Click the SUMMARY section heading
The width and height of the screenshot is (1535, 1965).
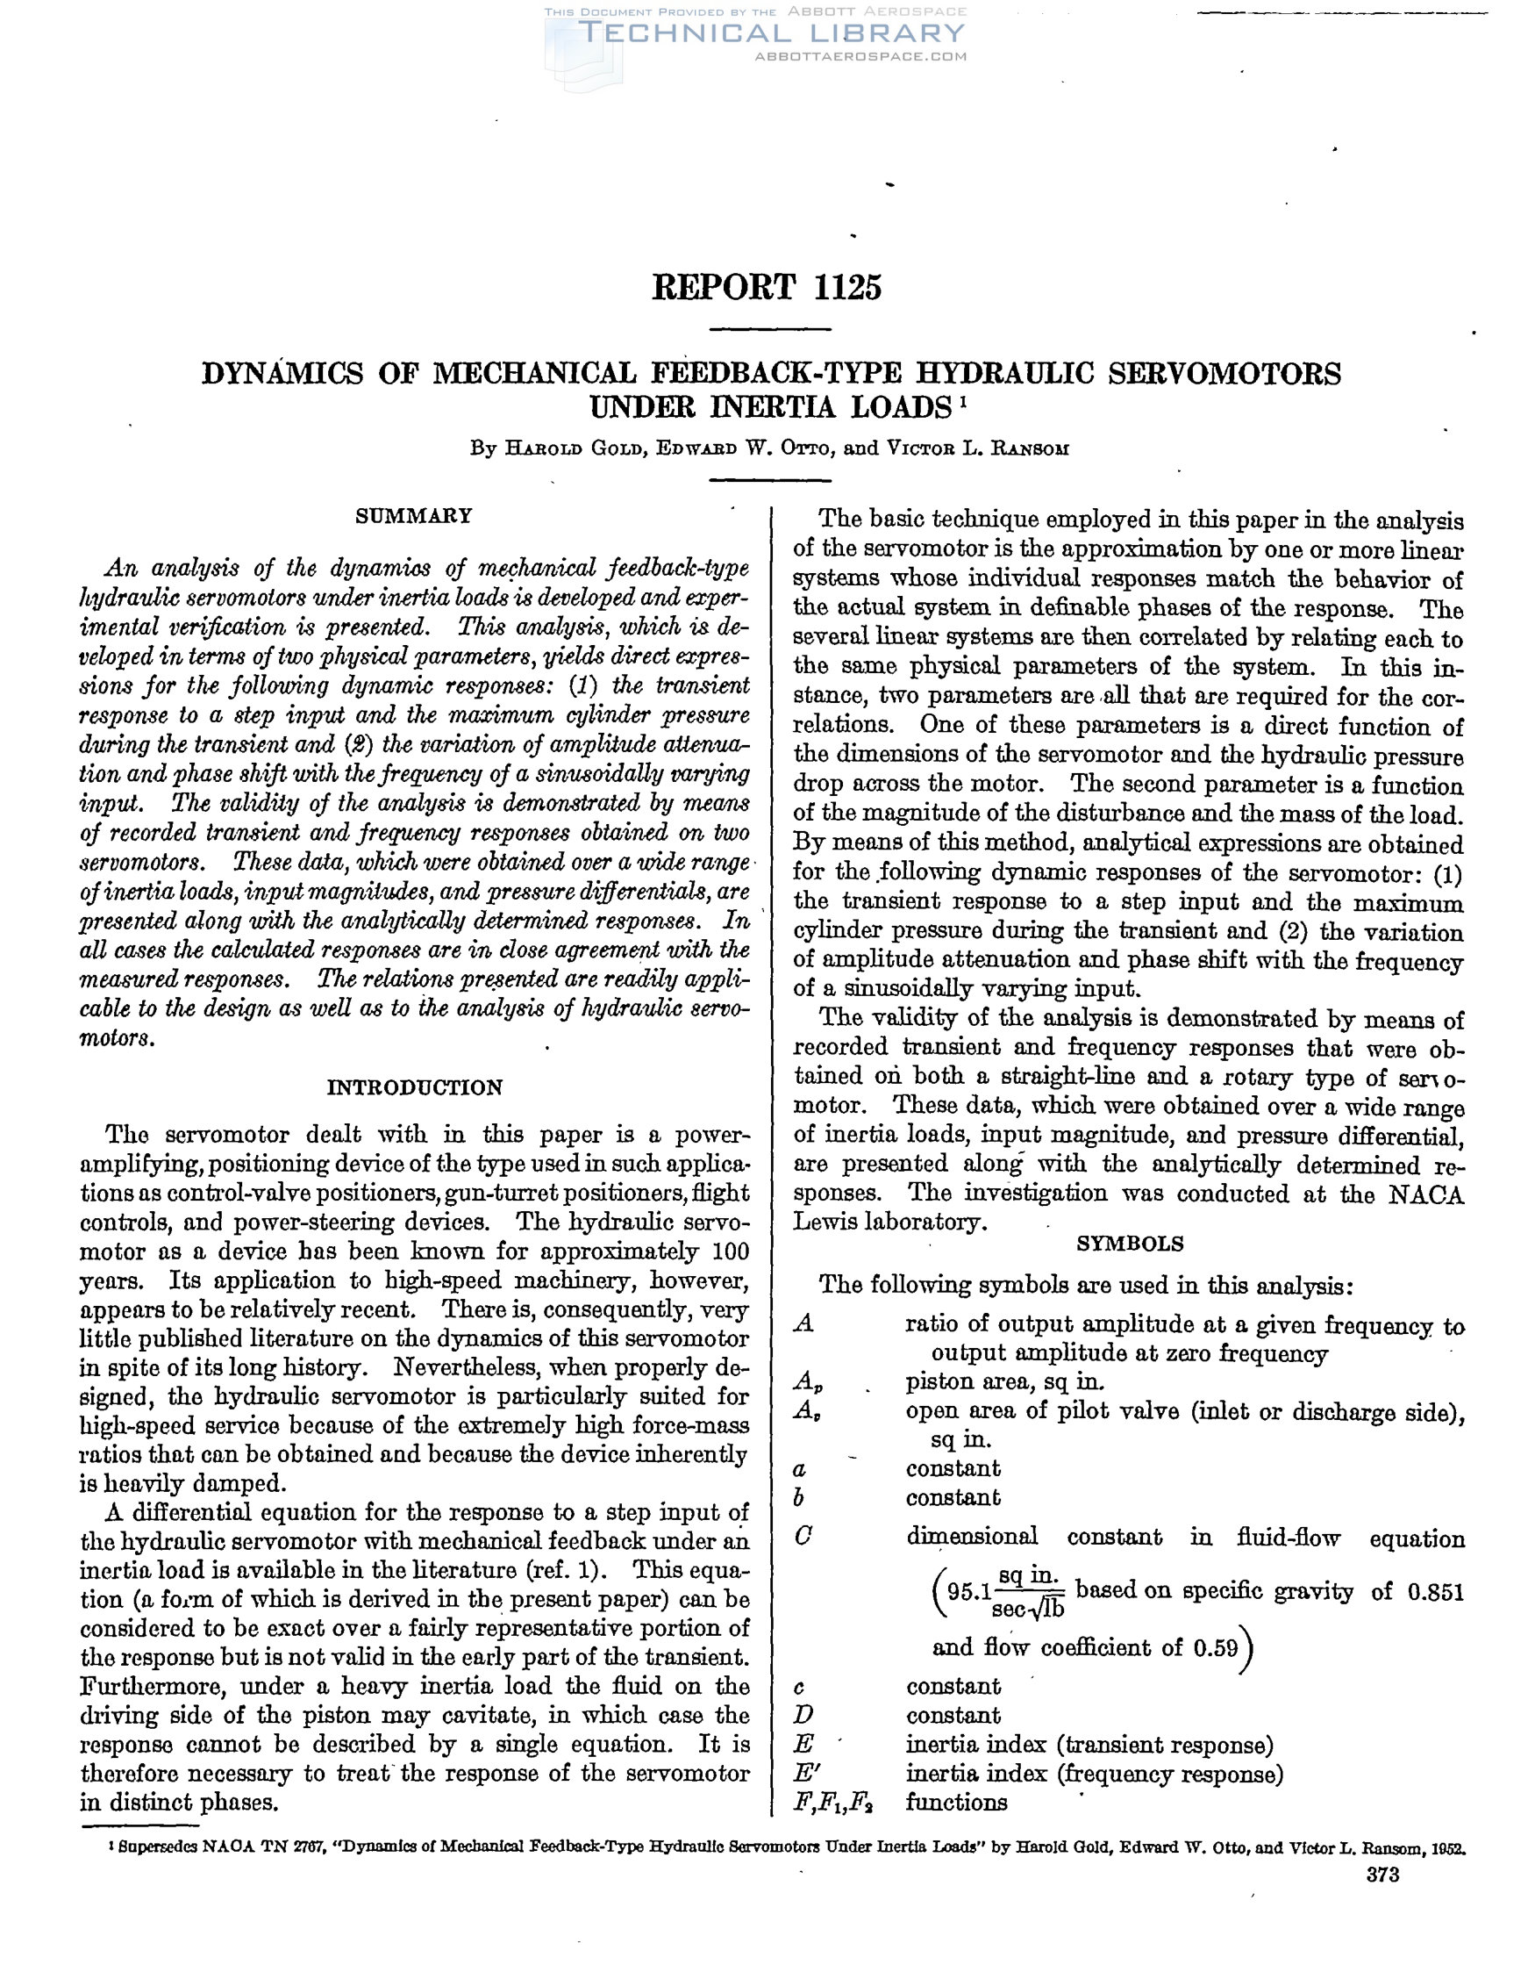coord(414,516)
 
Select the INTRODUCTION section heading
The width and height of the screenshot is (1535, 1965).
coord(415,1087)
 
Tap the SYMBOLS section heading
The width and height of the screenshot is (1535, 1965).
coord(1130,1244)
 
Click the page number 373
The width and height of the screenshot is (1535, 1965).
coord(1382,1876)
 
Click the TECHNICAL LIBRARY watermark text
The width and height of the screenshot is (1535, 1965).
coord(773,34)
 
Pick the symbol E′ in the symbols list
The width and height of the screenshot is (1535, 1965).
coord(806,1774)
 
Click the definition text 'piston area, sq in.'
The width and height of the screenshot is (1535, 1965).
coord(1005,1381)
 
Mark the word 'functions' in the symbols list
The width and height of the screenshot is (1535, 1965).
coord(956,1802)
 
